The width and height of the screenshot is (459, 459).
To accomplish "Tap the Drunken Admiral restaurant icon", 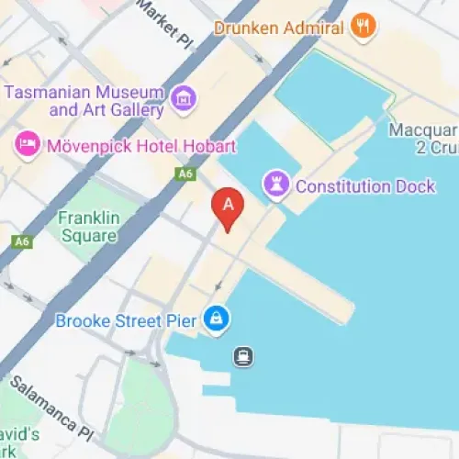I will (364, 27).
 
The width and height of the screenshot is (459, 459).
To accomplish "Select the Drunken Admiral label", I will (278, 28).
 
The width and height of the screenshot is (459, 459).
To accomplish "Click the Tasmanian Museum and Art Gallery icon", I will (182, 95).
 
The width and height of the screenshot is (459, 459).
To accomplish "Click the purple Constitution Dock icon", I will (274, 185).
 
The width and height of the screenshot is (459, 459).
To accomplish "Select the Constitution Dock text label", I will (364, 186).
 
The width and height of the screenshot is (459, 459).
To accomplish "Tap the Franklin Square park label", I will (87, 227).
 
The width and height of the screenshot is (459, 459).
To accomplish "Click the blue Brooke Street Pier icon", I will (217, 319).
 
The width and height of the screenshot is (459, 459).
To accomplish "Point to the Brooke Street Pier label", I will (126, 320).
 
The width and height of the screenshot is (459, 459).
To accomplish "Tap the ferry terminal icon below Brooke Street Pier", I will (243, 355).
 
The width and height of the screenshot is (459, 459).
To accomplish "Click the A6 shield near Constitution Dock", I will (186, 173).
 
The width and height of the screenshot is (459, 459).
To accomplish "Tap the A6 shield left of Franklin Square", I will (22, 242).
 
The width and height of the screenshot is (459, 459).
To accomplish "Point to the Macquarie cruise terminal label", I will (423, 138).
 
